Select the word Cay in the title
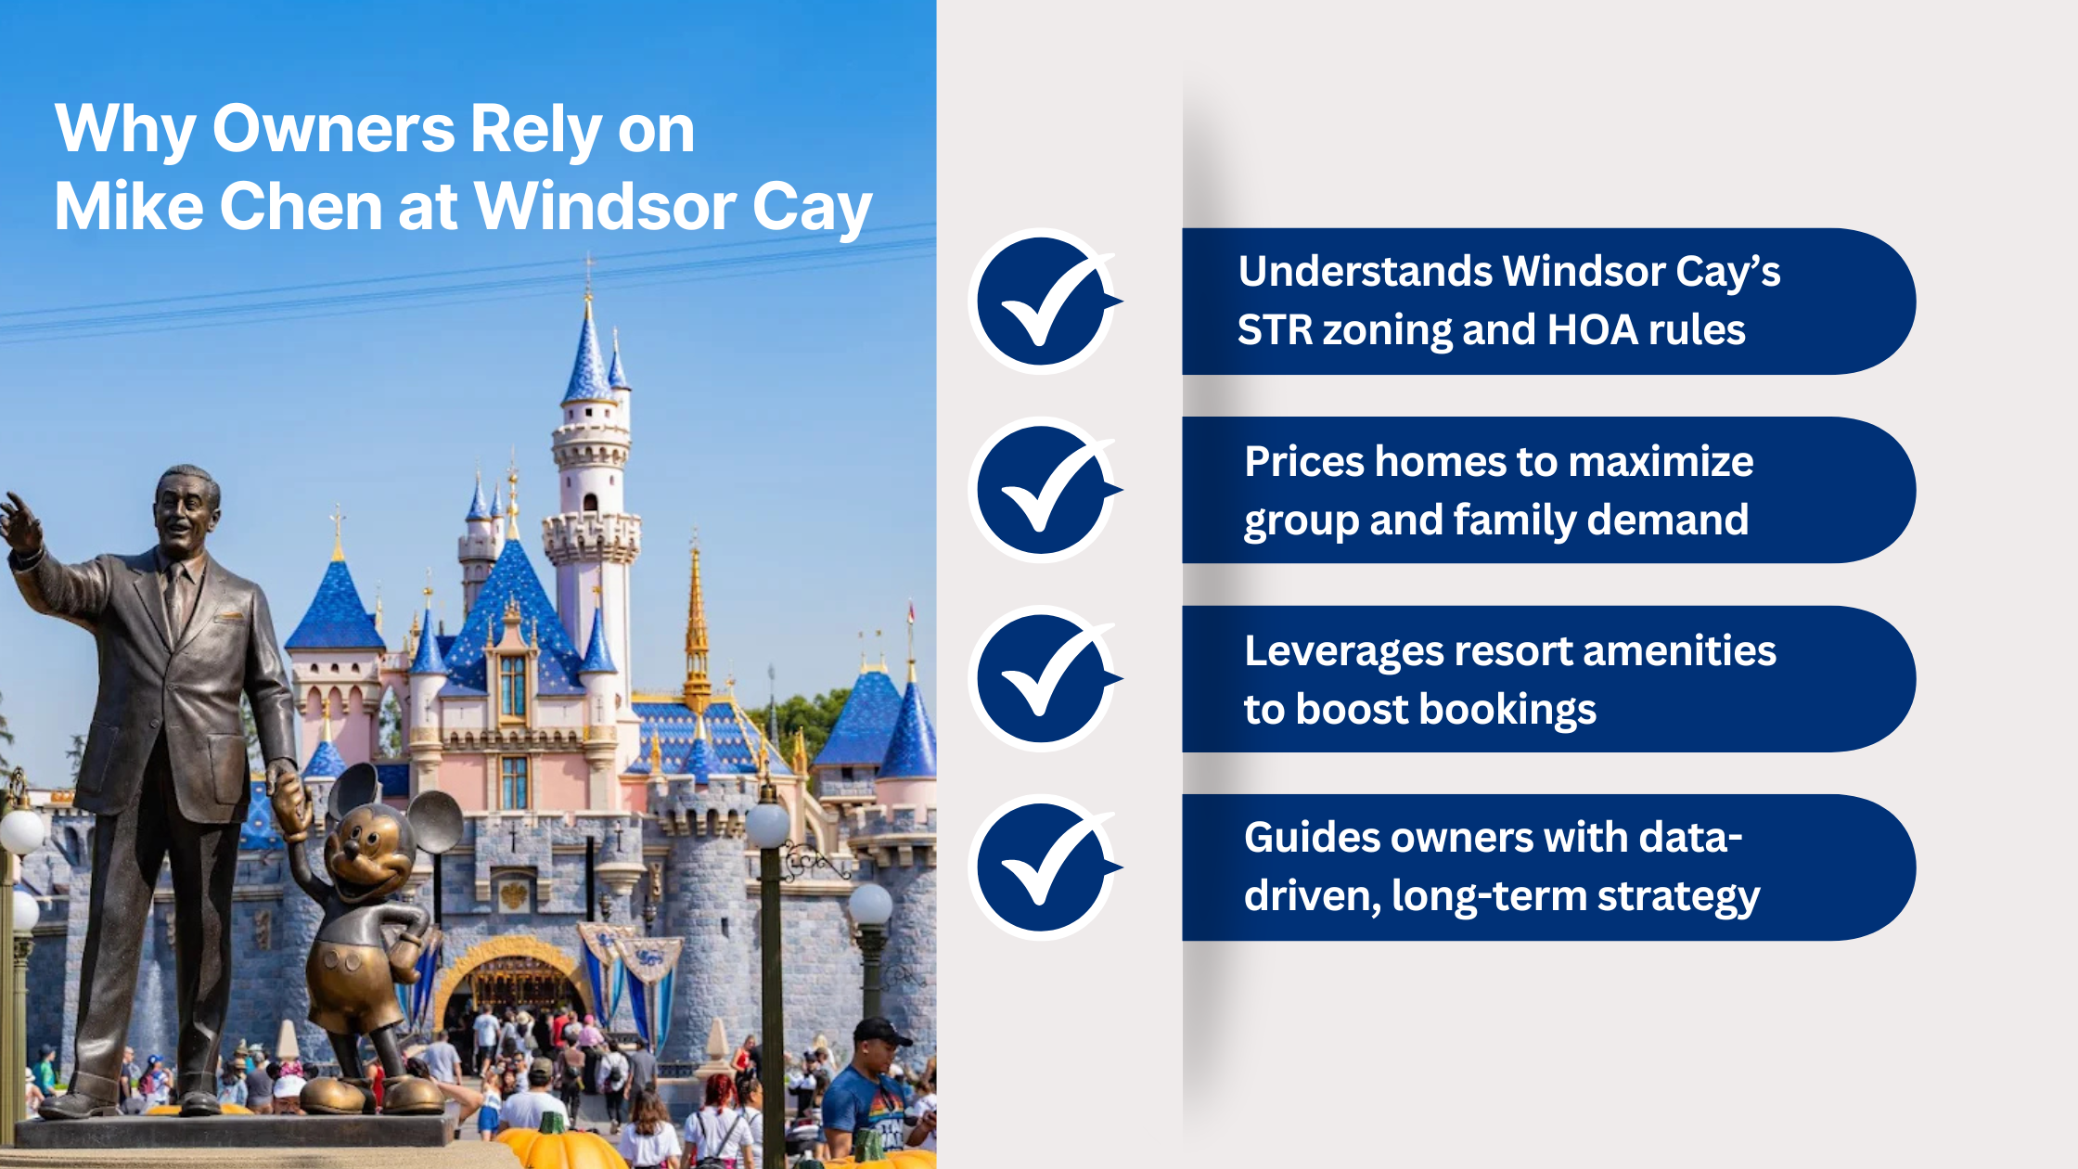tap(812, 208)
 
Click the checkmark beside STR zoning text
tap(1043, 302)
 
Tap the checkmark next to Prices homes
tap(1043, 490)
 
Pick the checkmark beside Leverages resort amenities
tap(1043, 678)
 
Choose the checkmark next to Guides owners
tap(1043, 867)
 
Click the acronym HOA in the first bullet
tap(1588, 330)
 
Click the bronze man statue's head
tap(187, 506)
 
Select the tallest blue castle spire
tap(588, 353)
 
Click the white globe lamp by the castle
tap(768, 824)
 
